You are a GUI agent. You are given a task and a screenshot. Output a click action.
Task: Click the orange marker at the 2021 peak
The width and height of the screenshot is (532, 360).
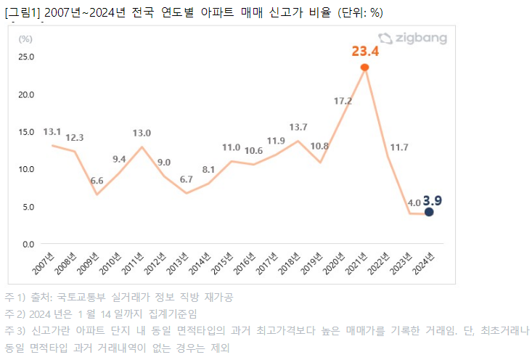tap(365, 67)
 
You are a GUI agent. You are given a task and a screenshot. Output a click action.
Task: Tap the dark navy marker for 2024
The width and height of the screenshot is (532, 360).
tap(429, 212)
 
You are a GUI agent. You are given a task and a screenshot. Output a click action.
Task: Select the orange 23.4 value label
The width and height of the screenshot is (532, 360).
tap(364, 51)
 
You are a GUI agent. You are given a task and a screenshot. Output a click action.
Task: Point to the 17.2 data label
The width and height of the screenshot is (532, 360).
tap(343, 101)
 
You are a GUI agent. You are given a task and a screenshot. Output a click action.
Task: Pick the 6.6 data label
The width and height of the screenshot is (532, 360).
tap(97, 181)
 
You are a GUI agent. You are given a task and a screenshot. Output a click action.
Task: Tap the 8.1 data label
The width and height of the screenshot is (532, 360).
tap(208, 170)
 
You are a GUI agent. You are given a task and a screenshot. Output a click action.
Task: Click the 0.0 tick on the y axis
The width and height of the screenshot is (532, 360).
tap(27, 244)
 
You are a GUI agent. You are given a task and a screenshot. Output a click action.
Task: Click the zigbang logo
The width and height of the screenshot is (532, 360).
tap(412, 38)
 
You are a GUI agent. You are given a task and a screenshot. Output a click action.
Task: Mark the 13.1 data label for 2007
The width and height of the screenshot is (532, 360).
tap(52, 132)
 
